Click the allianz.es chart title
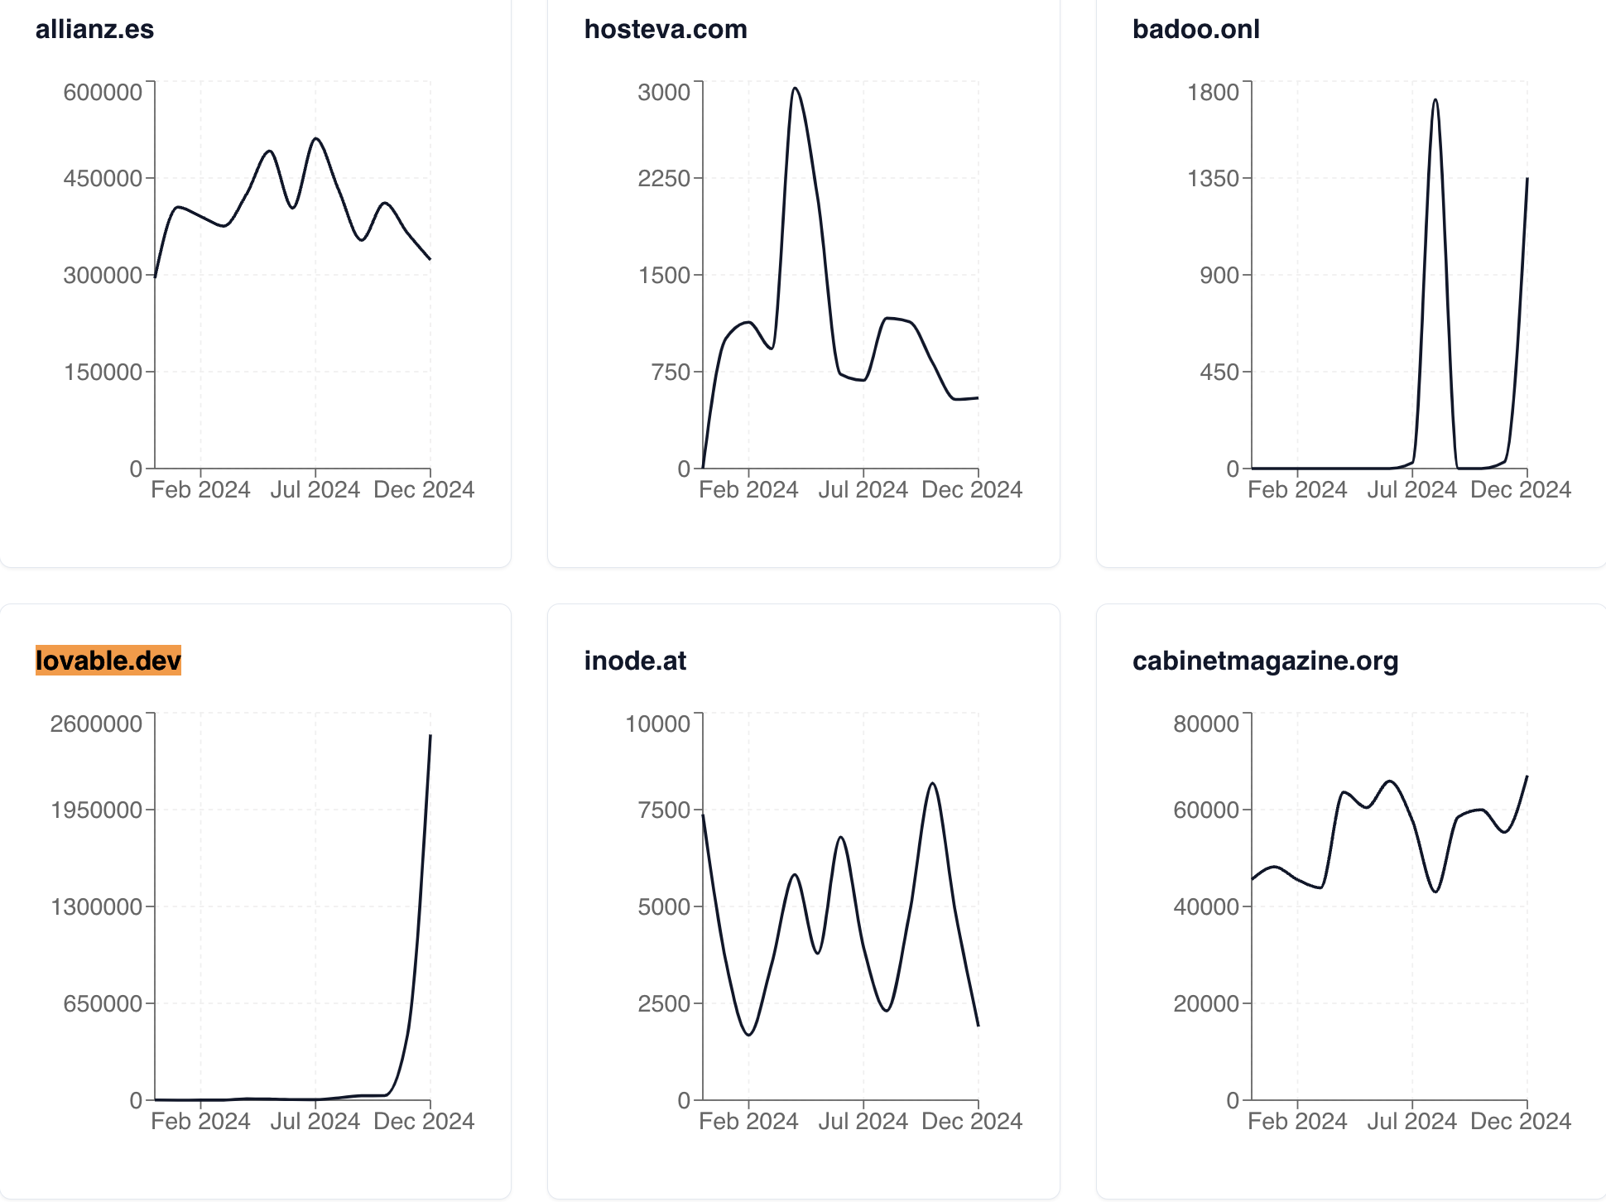(94, 29)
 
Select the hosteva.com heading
(665, 29)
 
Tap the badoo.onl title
(1195, 29)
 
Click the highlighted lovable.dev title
(108, 661)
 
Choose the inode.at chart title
(635, 661)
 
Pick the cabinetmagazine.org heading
(1265, 661)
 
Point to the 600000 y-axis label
(103, 92)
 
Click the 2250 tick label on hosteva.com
(663, 178)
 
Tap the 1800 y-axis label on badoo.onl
(1213, 92)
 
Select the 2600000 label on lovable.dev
(96, 724)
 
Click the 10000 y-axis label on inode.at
(657, 724)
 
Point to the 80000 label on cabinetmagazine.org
(1206, 724)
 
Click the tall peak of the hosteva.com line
(795, 89)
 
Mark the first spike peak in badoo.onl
(1435, 100)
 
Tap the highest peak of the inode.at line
(933, 783)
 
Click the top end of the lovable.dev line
(430, 735)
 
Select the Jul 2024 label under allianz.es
(315, 490)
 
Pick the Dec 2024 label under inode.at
(972, 1122)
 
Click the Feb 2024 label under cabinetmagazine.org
(1297, 1122)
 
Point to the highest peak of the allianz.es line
(315, 139)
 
